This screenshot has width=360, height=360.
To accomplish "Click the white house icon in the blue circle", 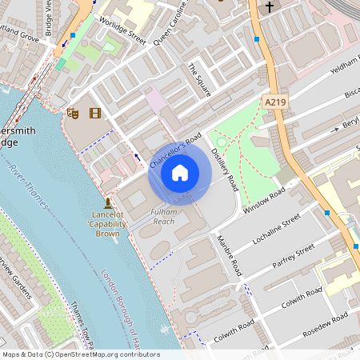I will tap(180, 172).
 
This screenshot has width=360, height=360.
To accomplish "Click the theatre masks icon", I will tap(73, 114).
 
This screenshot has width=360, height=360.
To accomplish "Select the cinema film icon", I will tap(96, 114).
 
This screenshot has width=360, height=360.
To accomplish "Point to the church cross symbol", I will tap(270, 7).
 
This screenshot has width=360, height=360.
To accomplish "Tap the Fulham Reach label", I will tap(163, 215).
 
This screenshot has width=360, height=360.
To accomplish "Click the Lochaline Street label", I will tap(276, 228).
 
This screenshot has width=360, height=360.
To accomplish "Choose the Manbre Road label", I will tap(227, 257).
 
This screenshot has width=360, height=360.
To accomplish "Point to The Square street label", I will tap(199, 80).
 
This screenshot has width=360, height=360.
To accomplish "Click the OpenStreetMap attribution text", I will tap(81, 354).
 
